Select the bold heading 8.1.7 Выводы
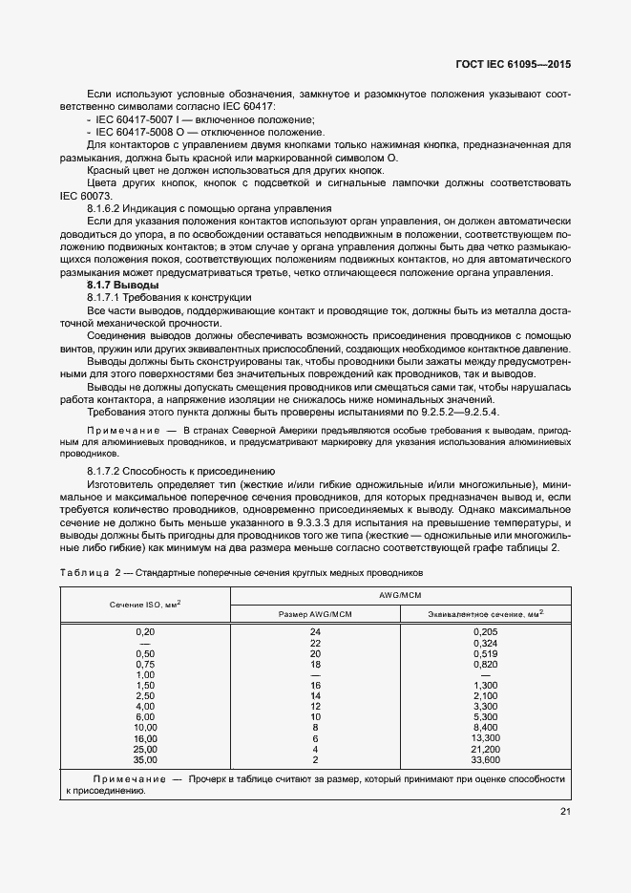122,286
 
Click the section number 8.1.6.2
108,208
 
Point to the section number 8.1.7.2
108,471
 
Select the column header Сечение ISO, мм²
145,604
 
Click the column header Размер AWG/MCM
314,613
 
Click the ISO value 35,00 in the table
145,759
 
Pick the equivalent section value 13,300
486,738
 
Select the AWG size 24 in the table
314,632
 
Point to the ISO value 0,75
145,664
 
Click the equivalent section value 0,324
486,643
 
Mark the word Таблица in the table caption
84,572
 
